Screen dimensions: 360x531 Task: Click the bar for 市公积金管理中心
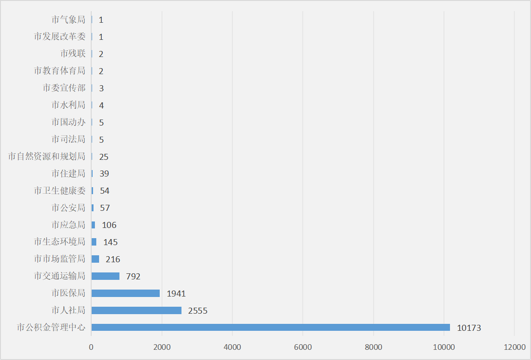tap(270, 327)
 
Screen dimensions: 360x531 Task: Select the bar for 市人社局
tap(137, 310)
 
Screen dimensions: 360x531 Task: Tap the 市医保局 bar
tap(125, 293)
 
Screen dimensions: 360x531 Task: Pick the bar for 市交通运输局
tap(106, 276)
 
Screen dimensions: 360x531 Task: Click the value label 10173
tap(469, 328)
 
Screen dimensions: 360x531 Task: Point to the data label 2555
tap(198, 311)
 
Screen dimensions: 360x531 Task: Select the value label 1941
tap(176, 294)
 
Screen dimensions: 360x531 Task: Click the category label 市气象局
tap(69, 19)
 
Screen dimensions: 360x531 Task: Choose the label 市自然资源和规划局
tap(47, 157)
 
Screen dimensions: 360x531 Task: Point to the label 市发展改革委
tap(60, 37)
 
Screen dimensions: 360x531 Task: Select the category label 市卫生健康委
tap(60, 191)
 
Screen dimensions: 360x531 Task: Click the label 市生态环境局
tap(60, 242)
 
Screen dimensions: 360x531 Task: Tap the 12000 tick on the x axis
tap(515, 347)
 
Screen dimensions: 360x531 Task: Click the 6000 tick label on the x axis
tap(303, 347)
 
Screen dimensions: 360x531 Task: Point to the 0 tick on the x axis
tap(91, 347)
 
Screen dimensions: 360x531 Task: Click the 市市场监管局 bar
tap(95, 259)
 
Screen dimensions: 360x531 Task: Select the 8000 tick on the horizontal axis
tap(374, 347)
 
